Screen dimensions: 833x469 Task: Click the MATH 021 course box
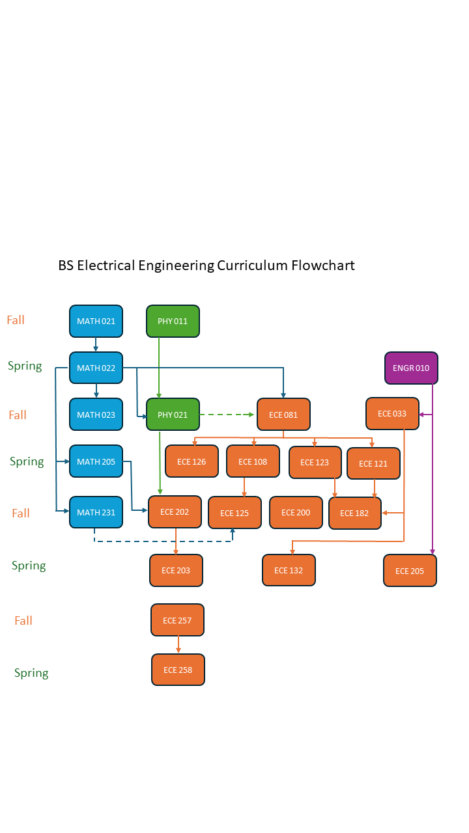96,321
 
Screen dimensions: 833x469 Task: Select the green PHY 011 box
173,321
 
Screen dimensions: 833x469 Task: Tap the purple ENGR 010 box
411,368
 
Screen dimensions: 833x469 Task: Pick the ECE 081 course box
283,415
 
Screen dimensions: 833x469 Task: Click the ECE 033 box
392,413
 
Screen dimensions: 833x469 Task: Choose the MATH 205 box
96,461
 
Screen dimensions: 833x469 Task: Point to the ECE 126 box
192,461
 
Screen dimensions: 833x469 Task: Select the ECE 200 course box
296,512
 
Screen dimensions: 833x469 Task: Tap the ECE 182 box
354,513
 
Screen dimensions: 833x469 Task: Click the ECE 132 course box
289,570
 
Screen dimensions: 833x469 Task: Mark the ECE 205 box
410,571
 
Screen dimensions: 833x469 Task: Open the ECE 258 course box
178,670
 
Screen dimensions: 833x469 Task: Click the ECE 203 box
176,570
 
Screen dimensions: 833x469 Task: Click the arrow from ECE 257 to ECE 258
178,644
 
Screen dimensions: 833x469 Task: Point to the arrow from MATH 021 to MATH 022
96,344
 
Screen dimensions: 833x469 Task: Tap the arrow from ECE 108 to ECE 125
244,487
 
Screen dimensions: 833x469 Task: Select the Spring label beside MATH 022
25,366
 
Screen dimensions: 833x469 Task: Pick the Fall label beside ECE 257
23,620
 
